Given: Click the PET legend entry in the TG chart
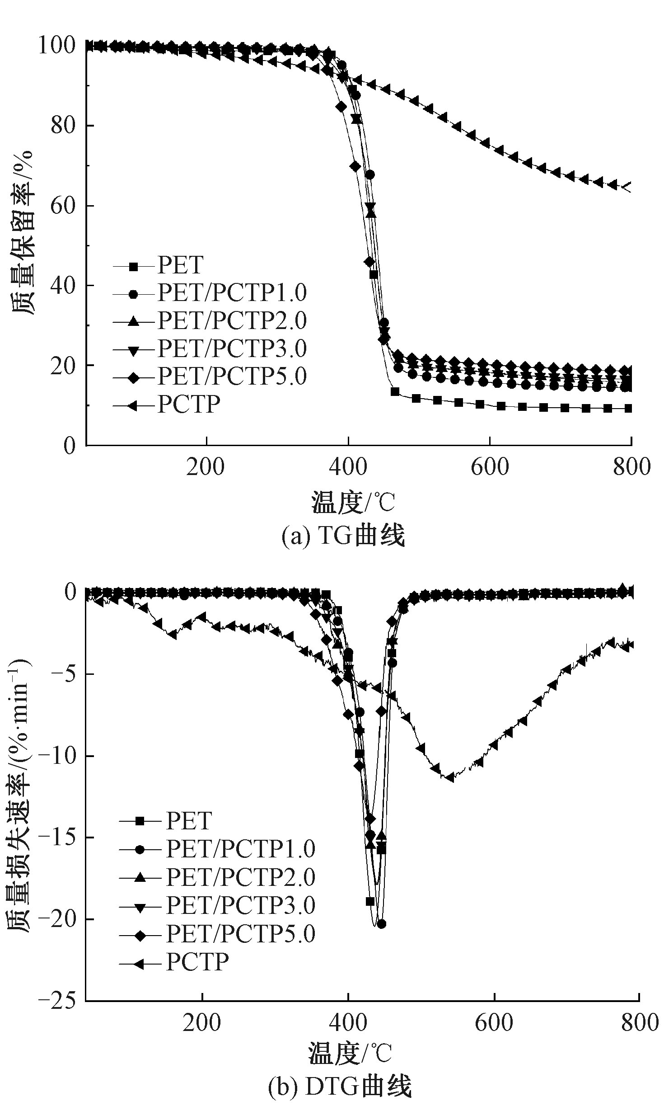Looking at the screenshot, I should point(180,265).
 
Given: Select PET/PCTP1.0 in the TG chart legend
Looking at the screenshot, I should point(232,293).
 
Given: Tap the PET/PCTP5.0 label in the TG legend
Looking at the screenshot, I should point(232,376).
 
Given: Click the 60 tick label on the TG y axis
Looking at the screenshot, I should point(63,206).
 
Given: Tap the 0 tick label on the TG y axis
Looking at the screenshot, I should point(69,446).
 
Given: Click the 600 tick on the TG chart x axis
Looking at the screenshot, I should point(490,467).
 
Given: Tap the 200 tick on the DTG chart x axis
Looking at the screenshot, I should point(202,1022).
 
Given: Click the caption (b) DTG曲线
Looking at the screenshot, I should point(340,1089).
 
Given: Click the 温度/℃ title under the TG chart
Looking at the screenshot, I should point(353,503).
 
